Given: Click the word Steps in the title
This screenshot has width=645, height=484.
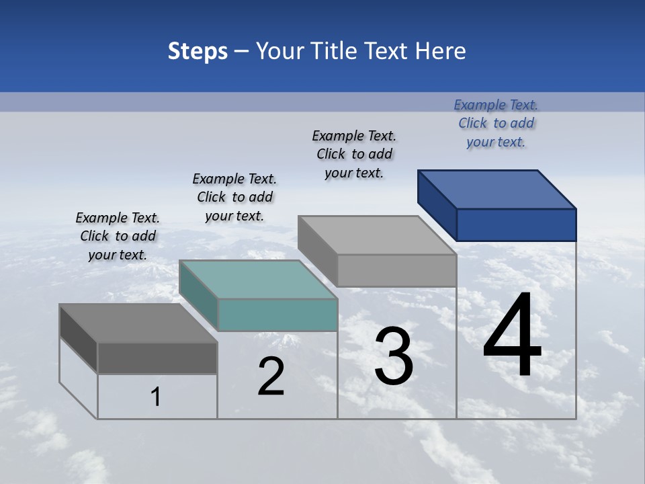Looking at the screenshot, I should coord(198,51).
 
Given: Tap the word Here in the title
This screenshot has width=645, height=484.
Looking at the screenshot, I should coord(441,51).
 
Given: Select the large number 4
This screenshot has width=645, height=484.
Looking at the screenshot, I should coord(512,335).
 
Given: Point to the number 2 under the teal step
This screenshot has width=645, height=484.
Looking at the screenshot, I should coord(271,376).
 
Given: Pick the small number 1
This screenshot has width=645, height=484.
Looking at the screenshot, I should coord(156,397).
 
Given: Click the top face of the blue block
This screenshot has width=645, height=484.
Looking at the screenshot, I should coord(497,189).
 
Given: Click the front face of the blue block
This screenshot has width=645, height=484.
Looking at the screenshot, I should coord(516,225).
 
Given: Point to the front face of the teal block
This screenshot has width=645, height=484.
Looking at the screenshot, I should coord(277,315).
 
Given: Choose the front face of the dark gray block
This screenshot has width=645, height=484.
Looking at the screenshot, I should coord(157,358).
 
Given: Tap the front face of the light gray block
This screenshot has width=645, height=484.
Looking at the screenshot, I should coord(396,270).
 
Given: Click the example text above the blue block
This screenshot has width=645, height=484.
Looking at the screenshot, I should coord(496,123).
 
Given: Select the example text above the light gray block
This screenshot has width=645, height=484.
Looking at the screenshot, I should coord(354,154).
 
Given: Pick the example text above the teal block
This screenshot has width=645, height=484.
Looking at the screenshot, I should coord(234,197).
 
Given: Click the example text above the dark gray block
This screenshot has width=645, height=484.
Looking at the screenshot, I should coord(118,236).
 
